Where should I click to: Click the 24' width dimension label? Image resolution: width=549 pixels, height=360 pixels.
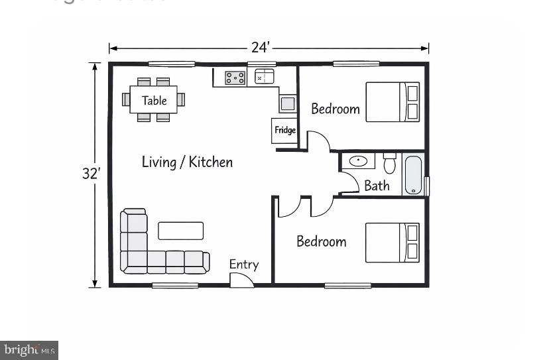[261, 48]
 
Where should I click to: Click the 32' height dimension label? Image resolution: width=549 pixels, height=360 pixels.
[91, 174]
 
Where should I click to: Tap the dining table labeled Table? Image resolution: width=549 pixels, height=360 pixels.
[154, 100]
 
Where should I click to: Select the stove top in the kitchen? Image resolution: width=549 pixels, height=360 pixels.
[235, 78]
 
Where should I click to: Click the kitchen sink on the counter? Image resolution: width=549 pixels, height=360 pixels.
[265, 77]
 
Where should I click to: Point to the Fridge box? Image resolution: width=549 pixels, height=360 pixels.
[285, 130]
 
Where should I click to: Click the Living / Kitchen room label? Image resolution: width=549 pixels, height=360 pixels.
[187, 162]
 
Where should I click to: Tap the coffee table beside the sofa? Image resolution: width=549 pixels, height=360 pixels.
[180, 230]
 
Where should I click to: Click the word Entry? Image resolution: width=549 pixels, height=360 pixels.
[244, 265]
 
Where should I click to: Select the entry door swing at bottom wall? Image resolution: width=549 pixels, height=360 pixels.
[241, 280]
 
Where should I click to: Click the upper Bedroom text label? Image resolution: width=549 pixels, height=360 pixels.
[335, 109]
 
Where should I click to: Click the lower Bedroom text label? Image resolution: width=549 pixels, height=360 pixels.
[321, 241]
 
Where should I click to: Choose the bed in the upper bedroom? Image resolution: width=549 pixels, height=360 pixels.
[393, 102]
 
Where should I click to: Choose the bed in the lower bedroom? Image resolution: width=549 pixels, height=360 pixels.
[393, 243]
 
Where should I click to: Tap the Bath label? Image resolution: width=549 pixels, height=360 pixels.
[377, 186]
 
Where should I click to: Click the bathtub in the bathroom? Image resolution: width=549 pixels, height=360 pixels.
[414, 174]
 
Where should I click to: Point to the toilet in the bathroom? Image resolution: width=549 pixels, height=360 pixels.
[389, 162]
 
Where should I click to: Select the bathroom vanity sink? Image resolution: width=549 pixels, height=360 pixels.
[359, 161]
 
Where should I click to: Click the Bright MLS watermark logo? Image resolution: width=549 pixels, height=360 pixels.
[29, 349]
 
